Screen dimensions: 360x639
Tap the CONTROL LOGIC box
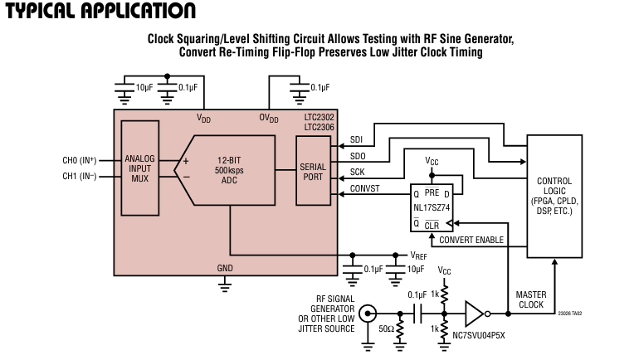(x=554, y=196)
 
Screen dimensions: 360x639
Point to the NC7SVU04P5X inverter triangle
(x=474, y=314)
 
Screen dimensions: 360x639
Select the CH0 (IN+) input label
(x=80, y=159)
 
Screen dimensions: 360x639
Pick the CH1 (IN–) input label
(x=80, y=175)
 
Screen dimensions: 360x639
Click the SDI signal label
(x=357, y=139)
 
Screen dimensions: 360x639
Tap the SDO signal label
(x=358, y=157)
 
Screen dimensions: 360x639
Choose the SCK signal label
(x=358, y=172)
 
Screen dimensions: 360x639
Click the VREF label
(x=419, y=255)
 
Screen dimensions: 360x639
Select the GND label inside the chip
(x=225, y=268)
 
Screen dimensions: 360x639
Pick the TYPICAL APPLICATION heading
(x=100, y=12)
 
